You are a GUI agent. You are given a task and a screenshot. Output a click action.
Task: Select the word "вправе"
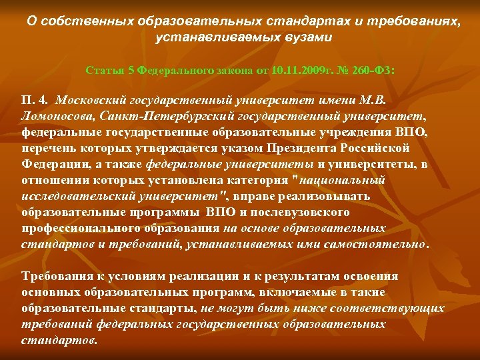pyautogui.click(x=253, y=196)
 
